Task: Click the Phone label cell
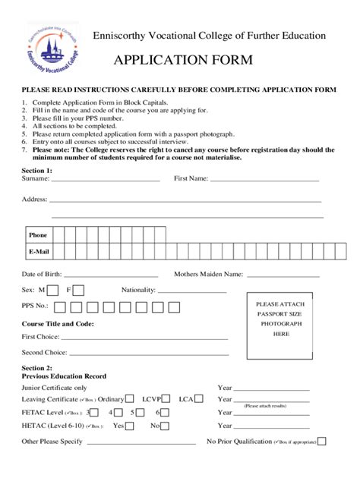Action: (x=38, y=235)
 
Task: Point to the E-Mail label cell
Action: (x=38, y=251)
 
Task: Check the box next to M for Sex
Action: (x=54, y=290)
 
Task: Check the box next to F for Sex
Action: (x=79, y=290)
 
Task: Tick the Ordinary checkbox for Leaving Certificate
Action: (x=130, y=399)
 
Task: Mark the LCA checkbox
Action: (x=199, y=399)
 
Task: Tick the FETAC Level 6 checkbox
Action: (x=164, y=413)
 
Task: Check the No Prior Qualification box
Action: (x=322, y=442)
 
